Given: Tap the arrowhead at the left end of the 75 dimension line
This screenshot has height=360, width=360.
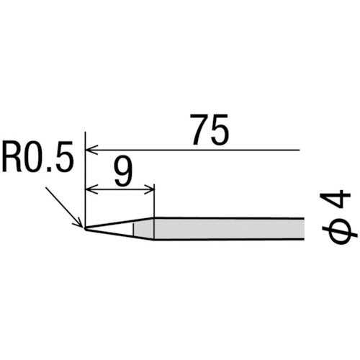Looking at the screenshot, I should pyautogui.click(x=89, y=150).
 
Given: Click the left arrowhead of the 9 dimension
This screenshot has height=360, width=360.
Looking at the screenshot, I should pyautogui.click(x=89, y=190).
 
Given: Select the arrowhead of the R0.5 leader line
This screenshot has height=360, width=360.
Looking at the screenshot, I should pyautogui.click(x=81, y=225).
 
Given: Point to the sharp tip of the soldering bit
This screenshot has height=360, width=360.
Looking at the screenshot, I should pyautogui.click(x=85, y=229).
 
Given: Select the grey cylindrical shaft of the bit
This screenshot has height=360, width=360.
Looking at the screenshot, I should pyautogui.click(x=230, y=229).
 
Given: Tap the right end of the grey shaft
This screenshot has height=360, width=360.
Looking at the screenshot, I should pyautogui.click(x=306, y=229).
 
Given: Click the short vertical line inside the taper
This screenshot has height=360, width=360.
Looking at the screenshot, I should pyautogui.click(x=134, y=229).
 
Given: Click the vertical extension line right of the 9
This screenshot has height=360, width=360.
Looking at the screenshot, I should pyautogui.click(x=154, y=202).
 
